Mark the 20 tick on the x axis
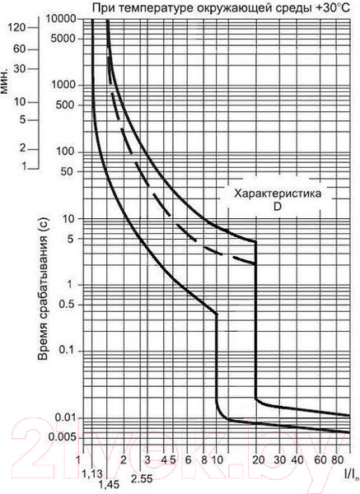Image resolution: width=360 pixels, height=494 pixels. [x=257, y=458]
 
